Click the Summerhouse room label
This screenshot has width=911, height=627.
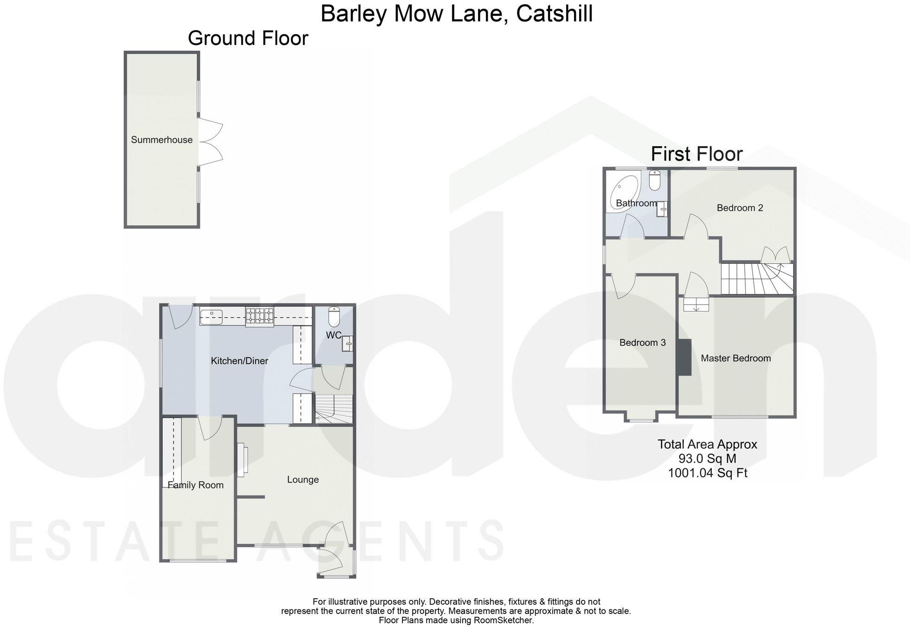tap(162, 140)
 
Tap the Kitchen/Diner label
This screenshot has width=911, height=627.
tap(239, 361)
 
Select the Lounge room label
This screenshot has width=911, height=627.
tap(303, 480)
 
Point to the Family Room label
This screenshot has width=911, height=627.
tap(195, 485)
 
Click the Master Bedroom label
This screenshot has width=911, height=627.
tap(736, 358)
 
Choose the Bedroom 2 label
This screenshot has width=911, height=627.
tap(740, 208)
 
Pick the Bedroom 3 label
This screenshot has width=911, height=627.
tap(642, 343)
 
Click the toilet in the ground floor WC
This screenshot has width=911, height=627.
tap(334, 316)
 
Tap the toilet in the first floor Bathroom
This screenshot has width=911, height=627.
tap(655, 180)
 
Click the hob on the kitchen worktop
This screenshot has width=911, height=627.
tap(259, 316)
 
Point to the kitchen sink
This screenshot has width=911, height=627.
tap(212, 317)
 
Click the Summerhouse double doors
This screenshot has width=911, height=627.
tap(210, 142)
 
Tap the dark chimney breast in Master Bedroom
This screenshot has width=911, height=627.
tap(684, 357)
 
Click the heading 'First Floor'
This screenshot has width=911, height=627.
tap(697, 154)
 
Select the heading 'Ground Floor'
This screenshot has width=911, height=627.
tap(248, 38)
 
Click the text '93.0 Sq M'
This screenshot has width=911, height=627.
tap(707, 459)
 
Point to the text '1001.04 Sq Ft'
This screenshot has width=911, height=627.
tap(707, 473)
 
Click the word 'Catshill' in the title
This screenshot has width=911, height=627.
tap(554, 13)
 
